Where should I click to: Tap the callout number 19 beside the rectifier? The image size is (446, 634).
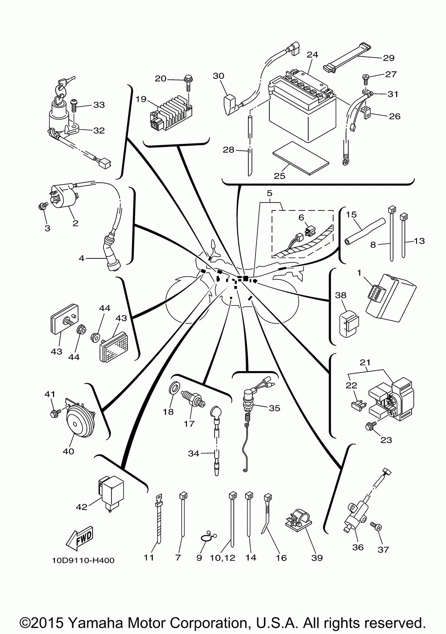141,99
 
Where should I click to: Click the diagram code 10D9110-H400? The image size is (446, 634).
83,560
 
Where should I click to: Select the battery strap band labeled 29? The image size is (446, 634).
344,57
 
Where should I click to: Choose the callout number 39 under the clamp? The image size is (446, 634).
317,557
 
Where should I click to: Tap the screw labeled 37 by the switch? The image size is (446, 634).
376,527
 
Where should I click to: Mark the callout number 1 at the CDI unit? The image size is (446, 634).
359,273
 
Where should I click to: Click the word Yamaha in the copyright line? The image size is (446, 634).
96,623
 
